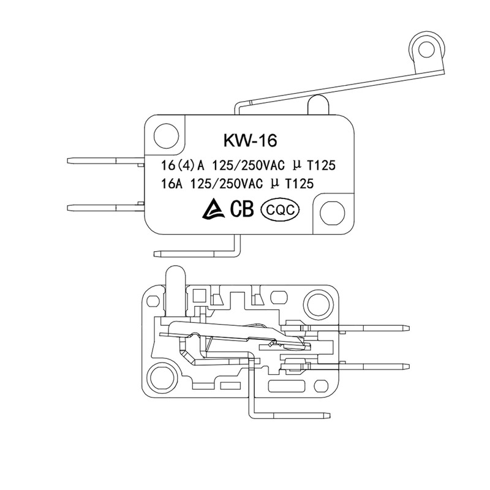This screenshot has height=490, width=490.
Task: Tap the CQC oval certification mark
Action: [x=281, y=209]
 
